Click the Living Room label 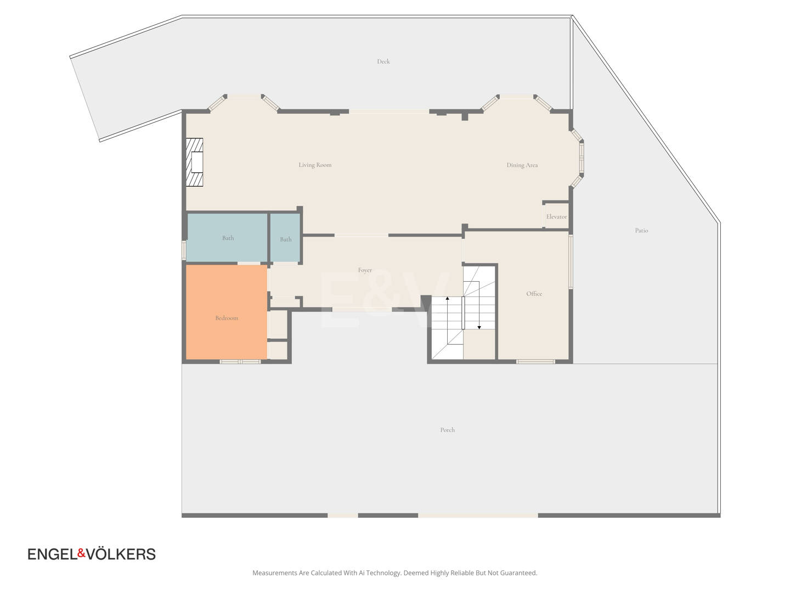pyautogui.click(x=315, y=165)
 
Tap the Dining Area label pyautogui.click(x=522, y=165)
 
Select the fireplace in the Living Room pyautogui.click(x=194, y=163)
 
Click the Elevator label pyautogui.click(x=556, y=217)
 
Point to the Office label pyautogui.click(x=534, y=294)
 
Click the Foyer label pyautogui.click(x=365, y=270)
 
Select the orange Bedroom pyautogui.click(x=227, y=312)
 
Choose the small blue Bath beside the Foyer pyautogui.click(x=285, y=238)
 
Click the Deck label pyautogui.click(x=383, y=61)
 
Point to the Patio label pyautogui.click(x=641, y=231)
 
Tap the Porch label pyautogui.click(x=447, y=430)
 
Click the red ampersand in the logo pyautogui.click(x=82, y=553)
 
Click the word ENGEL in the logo pyautogui.click(x=53, y=554)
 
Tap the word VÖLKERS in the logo pyautogui.click(x=121, y=553)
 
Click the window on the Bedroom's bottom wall pyautogui.click(x=240, y=361)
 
